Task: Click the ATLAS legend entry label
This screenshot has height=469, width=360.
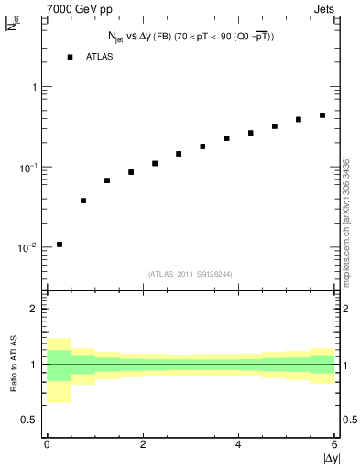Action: click(x=100, y=57)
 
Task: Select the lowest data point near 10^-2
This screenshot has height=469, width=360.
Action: click(x=60, y=245)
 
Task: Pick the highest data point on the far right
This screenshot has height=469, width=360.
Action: click(x=322, y=115)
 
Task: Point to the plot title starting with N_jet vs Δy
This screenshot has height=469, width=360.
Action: click(x=191, y=37)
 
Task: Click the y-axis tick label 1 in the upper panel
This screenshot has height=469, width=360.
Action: click(x=34, y=87)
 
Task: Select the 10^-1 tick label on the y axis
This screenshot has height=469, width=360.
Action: click(x=30, y=168)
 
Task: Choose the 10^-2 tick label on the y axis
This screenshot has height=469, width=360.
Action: click(x=30, y=247)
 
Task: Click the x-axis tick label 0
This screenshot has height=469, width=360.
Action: click(x=47, y=444)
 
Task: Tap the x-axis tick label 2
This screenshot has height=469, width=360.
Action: click(x=143, y=444)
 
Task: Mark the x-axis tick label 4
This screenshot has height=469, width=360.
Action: click(x=239, y=444)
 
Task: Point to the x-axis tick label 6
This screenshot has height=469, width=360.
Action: click(x=334, y=444)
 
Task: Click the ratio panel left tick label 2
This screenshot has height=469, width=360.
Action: click(x=35, y=309)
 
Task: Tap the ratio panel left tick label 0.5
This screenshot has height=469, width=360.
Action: click(x=30, y=420)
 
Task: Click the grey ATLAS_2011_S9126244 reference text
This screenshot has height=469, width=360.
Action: click(x=191, y=272)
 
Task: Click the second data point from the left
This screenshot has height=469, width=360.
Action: click(x=83, y=201)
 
